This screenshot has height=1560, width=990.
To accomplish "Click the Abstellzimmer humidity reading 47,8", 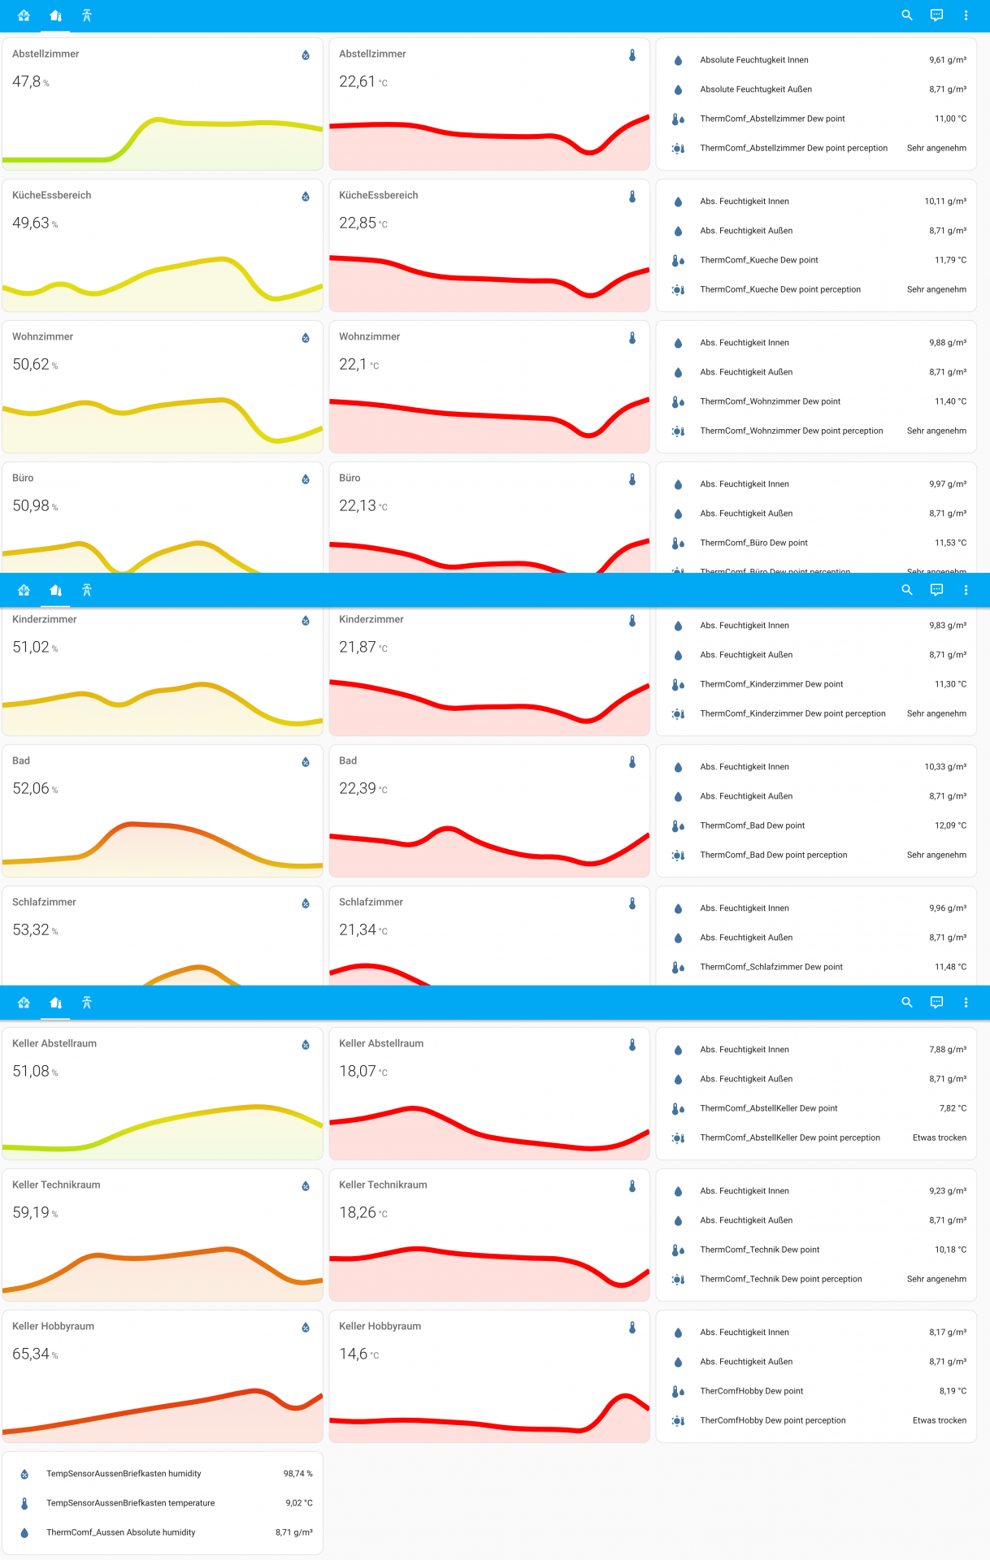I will pyautogui.click(x=27, y=82).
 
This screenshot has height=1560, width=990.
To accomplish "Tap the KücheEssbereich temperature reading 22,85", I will pyautogui.click(x=358, y=223).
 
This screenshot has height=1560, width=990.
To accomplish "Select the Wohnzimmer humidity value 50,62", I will pyautogui.click(x=31, y=365).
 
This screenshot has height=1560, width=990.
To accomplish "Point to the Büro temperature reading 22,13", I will pyautogui.click(x=358, y=506).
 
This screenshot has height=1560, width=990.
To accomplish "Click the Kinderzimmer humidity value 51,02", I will pyautogui.click(x=31, y=648).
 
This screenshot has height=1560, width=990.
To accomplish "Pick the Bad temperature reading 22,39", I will pyautogui.click(x=358, y=789).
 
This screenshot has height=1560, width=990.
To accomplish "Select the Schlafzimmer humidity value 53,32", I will pyautogui.click(x=31, y=930).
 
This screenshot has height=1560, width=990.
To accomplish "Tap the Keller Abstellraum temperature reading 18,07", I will pyautogui.click(x=358, y=1072).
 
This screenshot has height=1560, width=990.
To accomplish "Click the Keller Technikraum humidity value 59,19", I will pyautogui.click(x=31, y=1213).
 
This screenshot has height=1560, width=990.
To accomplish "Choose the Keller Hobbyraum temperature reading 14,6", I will pyautogui.click(x=354, y=1354).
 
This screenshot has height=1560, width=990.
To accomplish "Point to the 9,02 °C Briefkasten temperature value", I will pyautogui.click(x=298, y=1503).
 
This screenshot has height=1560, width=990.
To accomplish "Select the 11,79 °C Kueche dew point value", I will pyautogui.click(x=950, y=260).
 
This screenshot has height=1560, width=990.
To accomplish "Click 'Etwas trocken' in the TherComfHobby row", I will pyautogui.click(x=939, y=1420).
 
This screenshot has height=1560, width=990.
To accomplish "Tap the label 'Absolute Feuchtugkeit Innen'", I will pyautogui.click(x=753, y=60).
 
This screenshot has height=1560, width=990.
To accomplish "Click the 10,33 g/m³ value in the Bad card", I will pyautogui.click(x=944, y=767).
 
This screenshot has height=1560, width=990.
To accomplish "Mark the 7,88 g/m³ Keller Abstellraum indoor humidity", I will pyautogui.click(x=947, y=1050).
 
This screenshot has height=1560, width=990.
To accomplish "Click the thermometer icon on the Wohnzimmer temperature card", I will pyautogui.click(x=632, y=338).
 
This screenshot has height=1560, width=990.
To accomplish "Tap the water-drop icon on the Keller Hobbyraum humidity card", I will pyautogui.click(x=306, y=1328).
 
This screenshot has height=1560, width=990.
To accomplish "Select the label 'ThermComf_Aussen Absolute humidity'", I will pyautogui.click(x=120, y=1532).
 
